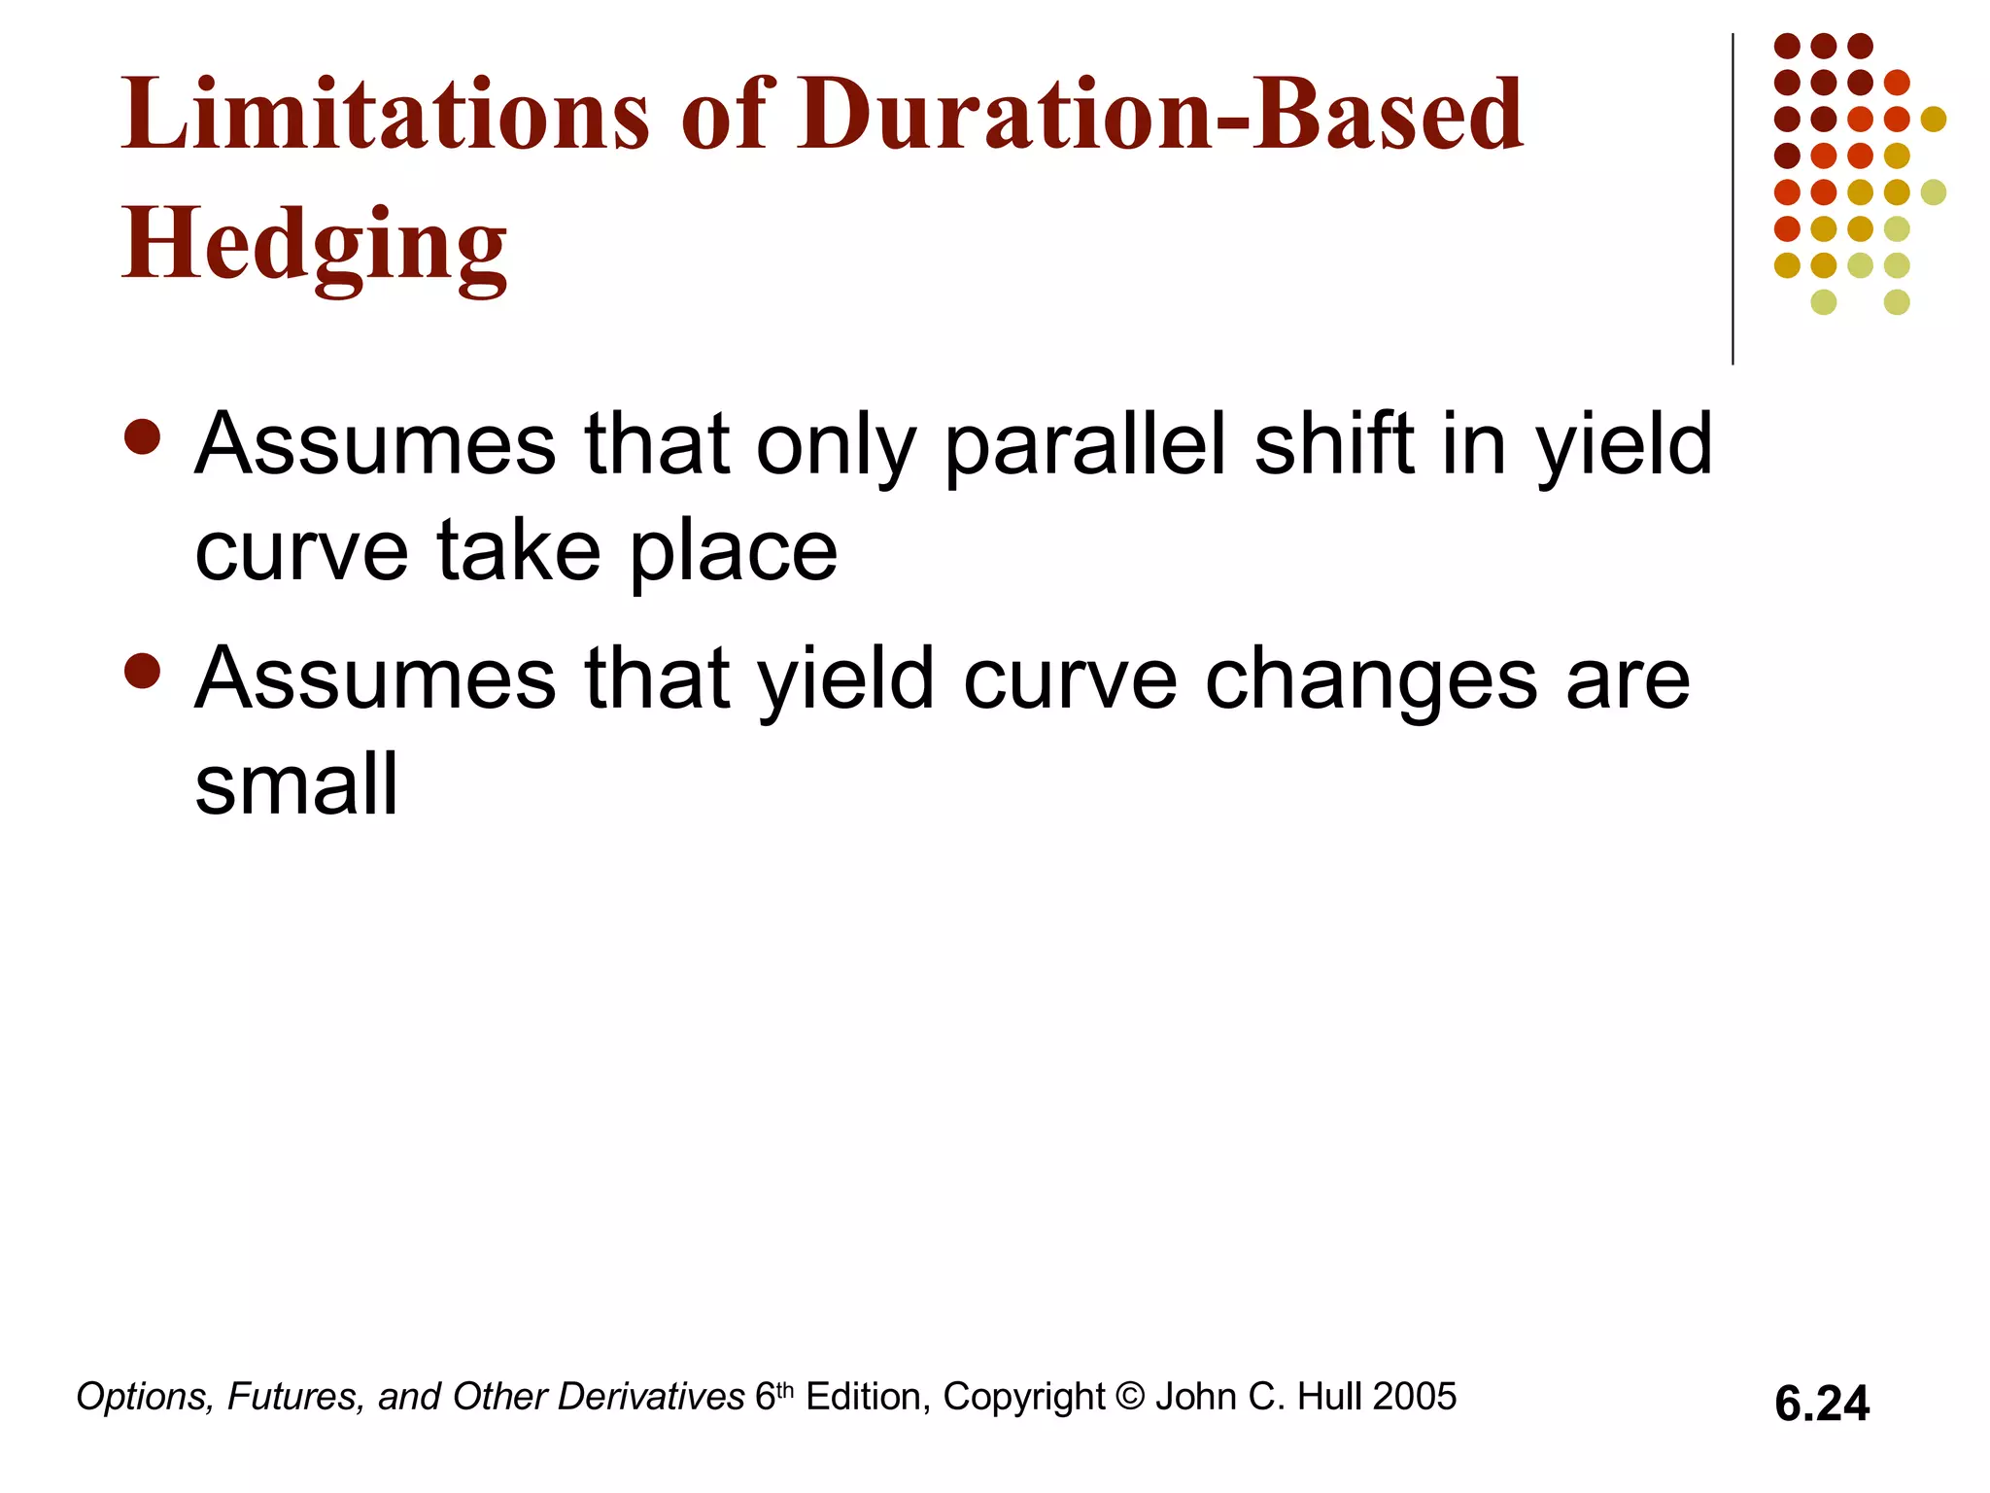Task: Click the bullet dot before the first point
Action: click(x=143, y=437)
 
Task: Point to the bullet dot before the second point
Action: click(x=143, y=671)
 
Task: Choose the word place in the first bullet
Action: click(x=733, y=552)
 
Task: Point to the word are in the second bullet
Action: click(x=1629, y=680)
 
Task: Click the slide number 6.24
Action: click(x=1821, y=1404)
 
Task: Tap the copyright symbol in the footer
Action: click(x=1130, y=1397)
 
